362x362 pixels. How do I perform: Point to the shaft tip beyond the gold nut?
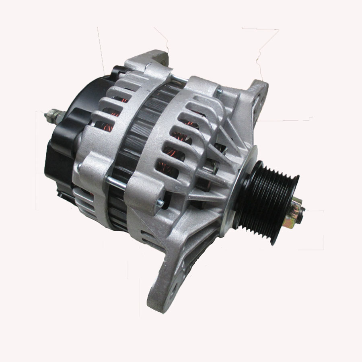point(302,210)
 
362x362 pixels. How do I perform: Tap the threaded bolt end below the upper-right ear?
point(219,93)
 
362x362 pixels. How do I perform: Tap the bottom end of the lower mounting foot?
point(161,306)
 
